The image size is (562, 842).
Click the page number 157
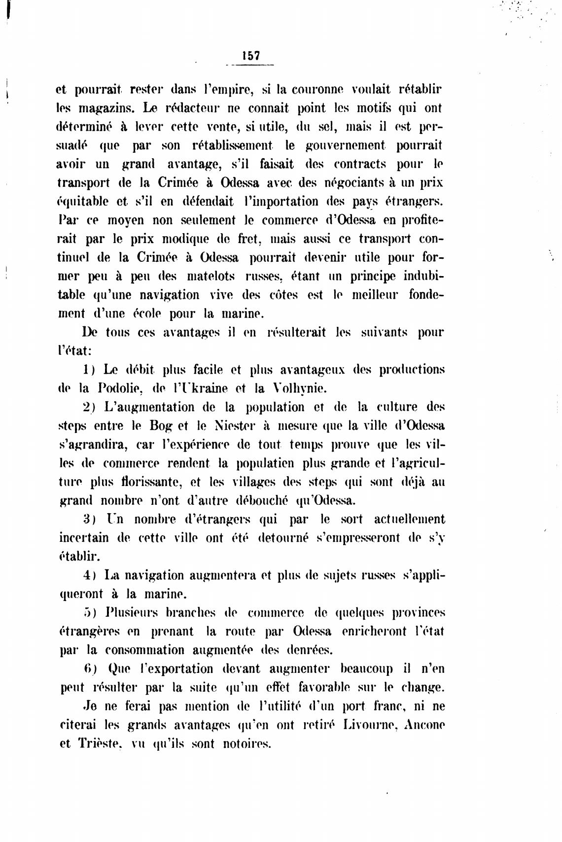pyautogui.click(x=251, y=56)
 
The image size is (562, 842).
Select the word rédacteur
pyautogui.click(x=193, y=108)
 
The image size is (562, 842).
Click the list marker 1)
pyautogui.click(x=89, y=370)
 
